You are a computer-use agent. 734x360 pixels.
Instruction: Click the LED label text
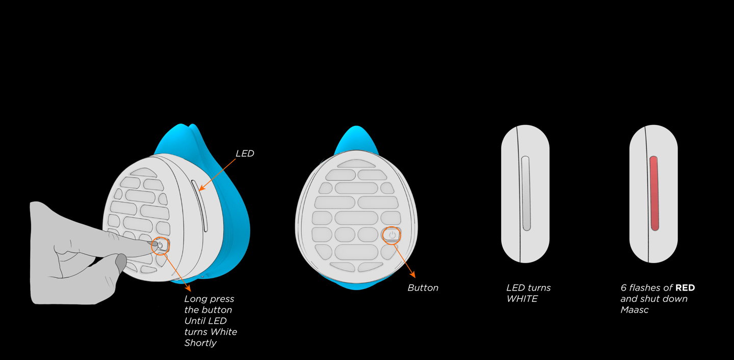pos(245,153)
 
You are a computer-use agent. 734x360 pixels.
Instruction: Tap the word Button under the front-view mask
pos(423,288)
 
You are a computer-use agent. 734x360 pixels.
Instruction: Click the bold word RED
pos(685,288)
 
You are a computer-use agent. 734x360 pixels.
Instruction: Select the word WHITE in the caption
pos(522,299)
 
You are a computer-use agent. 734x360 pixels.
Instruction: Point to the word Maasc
pos(635,310)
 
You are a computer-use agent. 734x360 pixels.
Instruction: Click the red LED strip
pos(654,193)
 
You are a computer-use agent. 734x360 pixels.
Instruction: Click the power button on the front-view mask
pos(391,235)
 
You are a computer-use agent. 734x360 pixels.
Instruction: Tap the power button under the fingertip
pos(161,245)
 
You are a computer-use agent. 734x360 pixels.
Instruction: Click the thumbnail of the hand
pos(121,262)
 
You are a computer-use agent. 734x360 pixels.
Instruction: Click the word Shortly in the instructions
pos(200,343)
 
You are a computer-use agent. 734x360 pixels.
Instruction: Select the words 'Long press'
pos(209,299)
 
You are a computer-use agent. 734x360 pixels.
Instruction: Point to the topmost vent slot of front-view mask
pos(357,163)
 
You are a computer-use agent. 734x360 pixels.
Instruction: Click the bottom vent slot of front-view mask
pos(356,266)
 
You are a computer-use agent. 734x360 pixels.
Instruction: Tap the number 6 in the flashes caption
pos(623,288)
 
